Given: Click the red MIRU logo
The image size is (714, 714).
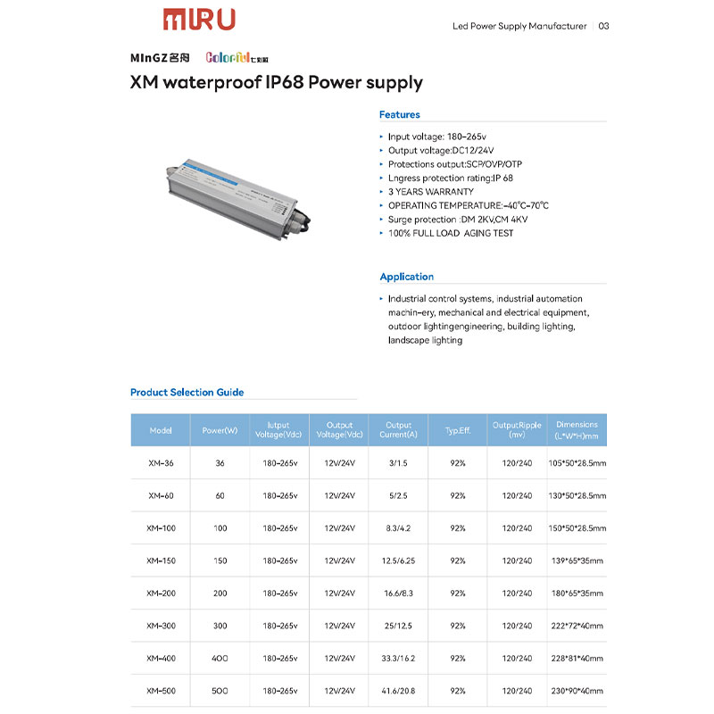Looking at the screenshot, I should [x=198, y=19].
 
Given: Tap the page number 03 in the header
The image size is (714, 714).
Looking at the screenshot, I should [x=604, y=26].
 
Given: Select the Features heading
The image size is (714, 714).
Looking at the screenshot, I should [x=399, y=114].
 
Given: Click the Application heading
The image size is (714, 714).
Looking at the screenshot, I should [x=406, y=277].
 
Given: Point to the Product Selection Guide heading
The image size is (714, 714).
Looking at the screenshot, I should [x=187, y=392].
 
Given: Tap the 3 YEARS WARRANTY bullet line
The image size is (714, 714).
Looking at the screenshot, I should [x=430, y=192].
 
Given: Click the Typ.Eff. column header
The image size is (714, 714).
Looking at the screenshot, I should [x=458, y=430].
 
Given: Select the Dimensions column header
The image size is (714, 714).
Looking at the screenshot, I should [x=577, y=430].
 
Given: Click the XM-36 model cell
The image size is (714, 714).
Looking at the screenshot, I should [x=161, y=463].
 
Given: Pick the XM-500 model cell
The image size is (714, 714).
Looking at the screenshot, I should [x=161, y=691].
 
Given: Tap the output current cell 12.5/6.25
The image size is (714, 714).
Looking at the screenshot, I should [x=398, y=560].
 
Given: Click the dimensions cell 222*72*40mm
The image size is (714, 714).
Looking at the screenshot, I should [x=577, y=626].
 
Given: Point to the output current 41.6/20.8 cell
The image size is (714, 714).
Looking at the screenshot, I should [x=398, y=691].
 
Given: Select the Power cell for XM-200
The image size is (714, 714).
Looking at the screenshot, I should [x=220, y=593].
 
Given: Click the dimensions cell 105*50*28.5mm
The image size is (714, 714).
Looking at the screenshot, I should [x=577, y=463].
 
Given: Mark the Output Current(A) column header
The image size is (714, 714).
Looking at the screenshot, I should [x=398, y=430].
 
